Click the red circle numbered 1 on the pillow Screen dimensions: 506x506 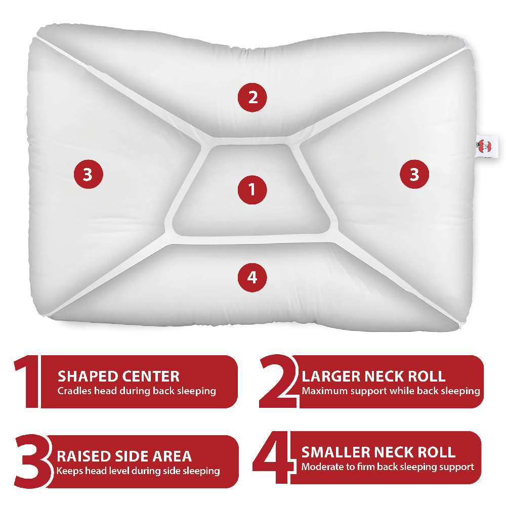click(x=252, y=190)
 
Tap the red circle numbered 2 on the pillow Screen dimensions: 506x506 click(x=252, y=98)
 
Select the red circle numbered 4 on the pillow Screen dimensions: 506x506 click(x=252, y=277)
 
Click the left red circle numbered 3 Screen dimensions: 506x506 click(x=89, y=174)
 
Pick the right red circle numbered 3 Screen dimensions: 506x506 click(x=414, y=174)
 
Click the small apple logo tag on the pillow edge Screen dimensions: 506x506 click(x=485, y=147)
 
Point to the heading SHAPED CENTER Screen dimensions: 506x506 click(x=118, y=376)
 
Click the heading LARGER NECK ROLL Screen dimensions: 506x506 click(x=373, y=376)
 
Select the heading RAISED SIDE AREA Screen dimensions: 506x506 click(x=124, y=456)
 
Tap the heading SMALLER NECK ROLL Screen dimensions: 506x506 click(x=378, y=452)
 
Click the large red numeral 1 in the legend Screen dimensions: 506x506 click(x=28, y=382)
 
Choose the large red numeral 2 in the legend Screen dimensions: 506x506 click(x=278, y=381)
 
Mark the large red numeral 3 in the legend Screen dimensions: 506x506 click(x=32, y=461)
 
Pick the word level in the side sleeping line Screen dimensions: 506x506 click(x=118, y=471)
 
